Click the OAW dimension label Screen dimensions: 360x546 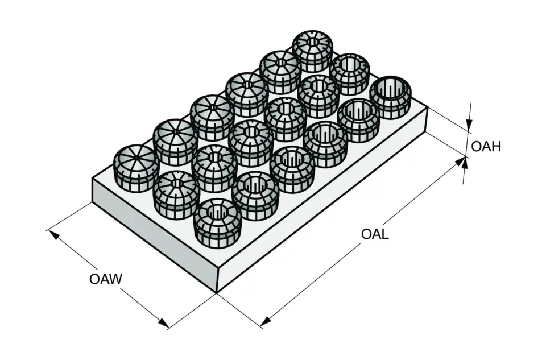point(106,279)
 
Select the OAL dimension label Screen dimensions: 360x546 point(375,234)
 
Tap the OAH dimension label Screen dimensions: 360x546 point(486,147)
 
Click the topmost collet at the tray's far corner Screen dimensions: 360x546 point(312,51)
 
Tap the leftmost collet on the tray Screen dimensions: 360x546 point(136,168)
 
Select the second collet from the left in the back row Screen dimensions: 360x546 point(175,142)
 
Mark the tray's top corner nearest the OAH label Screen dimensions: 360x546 point(427,109)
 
